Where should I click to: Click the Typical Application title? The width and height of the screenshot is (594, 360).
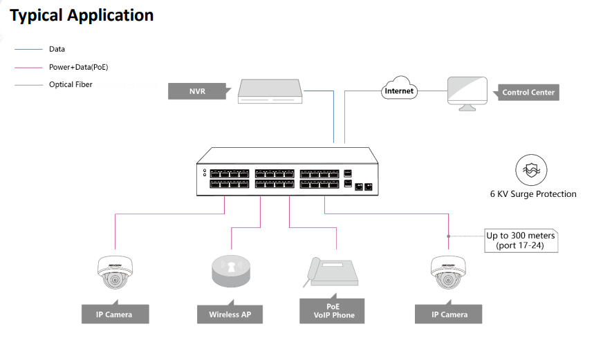pos(82,15)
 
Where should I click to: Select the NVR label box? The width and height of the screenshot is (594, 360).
pos(197,91)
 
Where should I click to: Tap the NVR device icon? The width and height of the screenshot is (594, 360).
pos(270,92)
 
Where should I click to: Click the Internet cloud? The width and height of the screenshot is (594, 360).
pos(399,91)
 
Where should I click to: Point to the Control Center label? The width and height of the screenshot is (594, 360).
pos(528,92)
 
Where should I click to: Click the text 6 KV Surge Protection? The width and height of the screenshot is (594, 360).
pos(532,194)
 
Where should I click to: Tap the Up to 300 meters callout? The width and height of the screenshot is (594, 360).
pos(521,240)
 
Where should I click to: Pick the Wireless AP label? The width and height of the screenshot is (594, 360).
pos(230,314)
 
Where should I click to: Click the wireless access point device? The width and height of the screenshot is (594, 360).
pos(230,270)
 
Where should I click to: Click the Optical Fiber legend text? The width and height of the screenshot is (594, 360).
pos(71,85)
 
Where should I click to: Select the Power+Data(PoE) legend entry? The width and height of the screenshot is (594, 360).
pos(78,67)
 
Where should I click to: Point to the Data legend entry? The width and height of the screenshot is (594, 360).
pos(57,49)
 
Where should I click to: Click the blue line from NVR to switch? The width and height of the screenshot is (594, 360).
pos(333,117)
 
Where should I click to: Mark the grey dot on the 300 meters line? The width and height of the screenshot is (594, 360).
pos(449,236)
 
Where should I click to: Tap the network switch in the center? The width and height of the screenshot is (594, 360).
pos(287,173)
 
